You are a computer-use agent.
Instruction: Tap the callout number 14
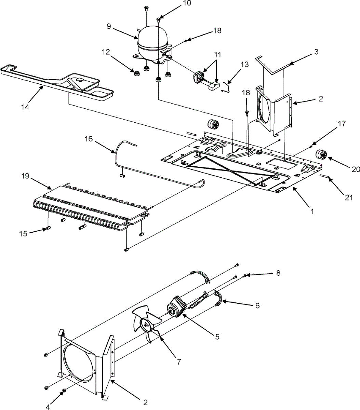coord(25,107)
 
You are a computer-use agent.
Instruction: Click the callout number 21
coord(348,197)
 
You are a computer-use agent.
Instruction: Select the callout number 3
coord(316,52)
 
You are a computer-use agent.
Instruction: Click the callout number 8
coord(278,273)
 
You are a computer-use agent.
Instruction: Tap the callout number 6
coord(257,305)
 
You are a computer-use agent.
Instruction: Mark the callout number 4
coord(48,407)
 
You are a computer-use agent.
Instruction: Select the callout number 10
coord(187,4)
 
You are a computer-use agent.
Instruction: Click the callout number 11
coord(217,55)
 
